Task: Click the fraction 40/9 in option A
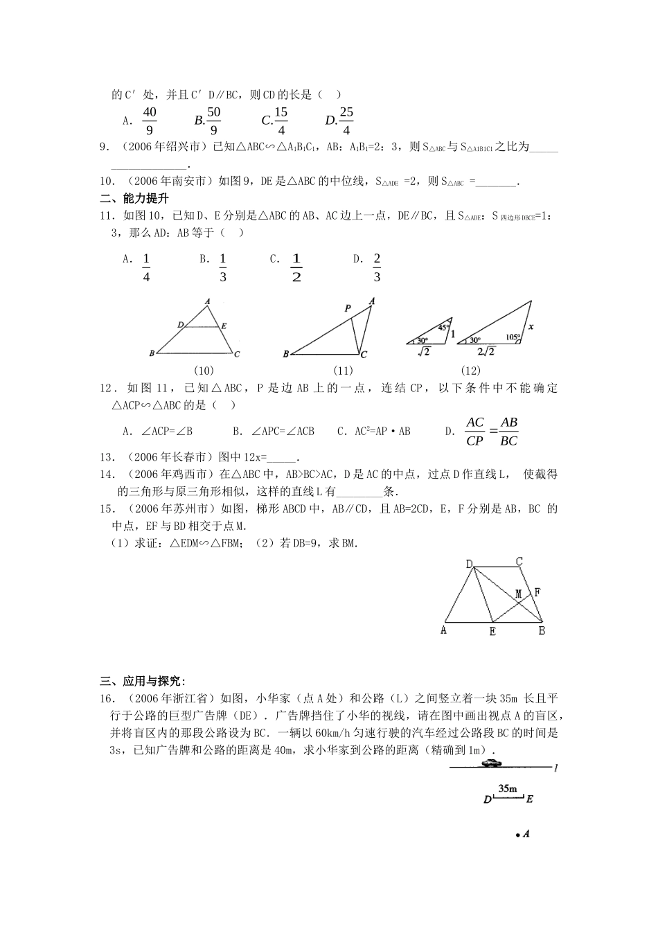coord(149,121)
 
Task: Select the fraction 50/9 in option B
coord(213,121)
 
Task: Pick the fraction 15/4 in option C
coord(281,121)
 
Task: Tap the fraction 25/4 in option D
coord(346,121)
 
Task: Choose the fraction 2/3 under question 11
coord(377,267)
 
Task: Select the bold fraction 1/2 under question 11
coord(296,267)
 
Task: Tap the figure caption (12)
coord(470,371)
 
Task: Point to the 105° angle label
coord(513,337)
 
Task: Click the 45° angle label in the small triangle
coord(443,328)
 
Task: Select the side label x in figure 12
coord(531,326)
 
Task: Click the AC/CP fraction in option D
coord(474,432)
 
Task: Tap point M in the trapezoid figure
coord(518,594)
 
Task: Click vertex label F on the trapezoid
coord(537,592)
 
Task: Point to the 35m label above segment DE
coord(508,788)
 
